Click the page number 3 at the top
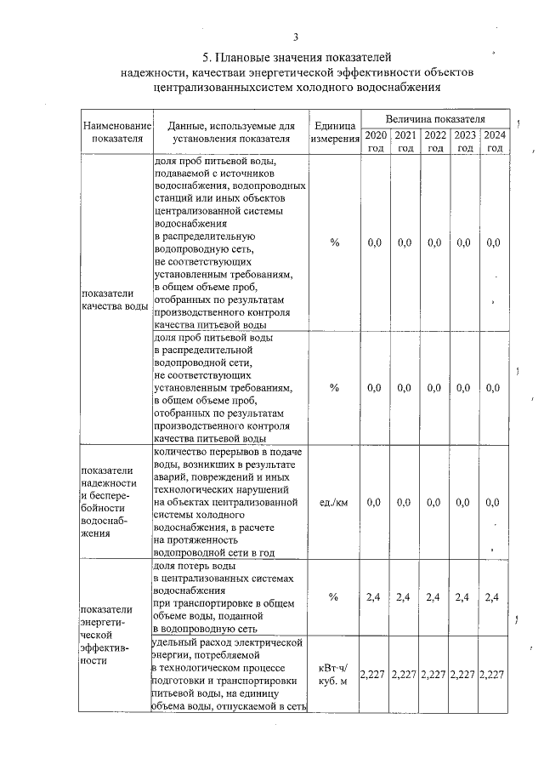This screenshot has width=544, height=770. [x=296, y=37]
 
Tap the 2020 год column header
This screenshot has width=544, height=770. [x=375, y=141]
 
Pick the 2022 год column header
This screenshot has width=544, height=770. [x=435, y=141]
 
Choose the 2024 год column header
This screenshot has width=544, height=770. [x=494, y=141]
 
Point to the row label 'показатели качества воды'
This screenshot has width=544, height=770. [x=115, y=299]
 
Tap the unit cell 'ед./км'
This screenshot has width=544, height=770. [x=334, y=503]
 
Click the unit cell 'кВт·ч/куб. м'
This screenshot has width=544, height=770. [x=334, y=675]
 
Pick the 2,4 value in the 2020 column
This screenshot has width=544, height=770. [x=374, y=597]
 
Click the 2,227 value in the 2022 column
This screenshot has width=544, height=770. [x=434, y=675]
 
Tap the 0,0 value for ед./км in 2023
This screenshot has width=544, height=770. [x=464, y=503]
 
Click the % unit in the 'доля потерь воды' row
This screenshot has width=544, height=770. [x=334, y=597]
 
